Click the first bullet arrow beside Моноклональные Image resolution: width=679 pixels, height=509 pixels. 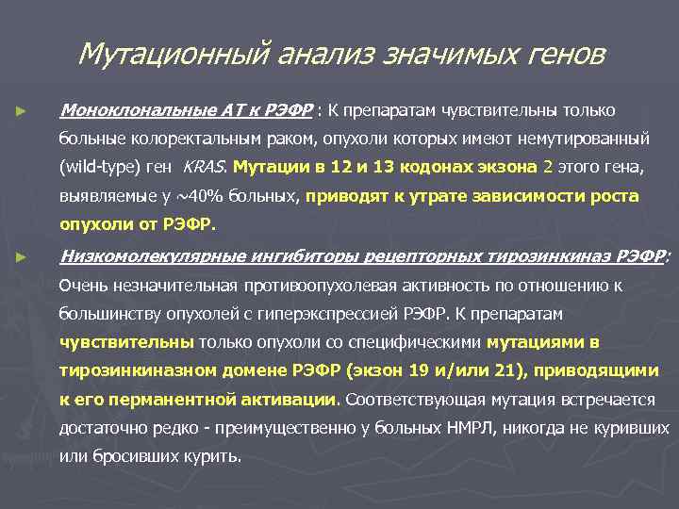(x=21, y=110)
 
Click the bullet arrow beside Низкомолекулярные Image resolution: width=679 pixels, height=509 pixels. (x=21, y=255)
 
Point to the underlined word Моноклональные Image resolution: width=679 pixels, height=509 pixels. (x=125, y=109)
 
